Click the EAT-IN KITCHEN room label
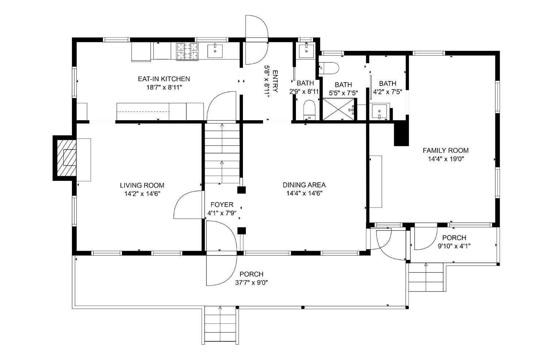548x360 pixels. pyautogui.click(x=164, y=79)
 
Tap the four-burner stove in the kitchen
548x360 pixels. pyautogui.click(x=187, y=51)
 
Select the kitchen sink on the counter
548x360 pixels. pyautogui.click(x=215, y=51)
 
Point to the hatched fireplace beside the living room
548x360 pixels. pyautogui.click(x=65, y=158)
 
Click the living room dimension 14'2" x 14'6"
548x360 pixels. pyautogui.click(x=142, y=194)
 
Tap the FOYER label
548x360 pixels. pyautogui.click(x=222, y=205)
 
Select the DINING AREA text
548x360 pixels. pyautogui.click(x=304, y=185)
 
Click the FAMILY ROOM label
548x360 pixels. pyautogui.click(x=445, y=150)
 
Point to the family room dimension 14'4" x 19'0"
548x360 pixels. pyautogui.click(x=445, y=159)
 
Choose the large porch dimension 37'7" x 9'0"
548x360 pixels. pyautogui.click(x=251, y=283)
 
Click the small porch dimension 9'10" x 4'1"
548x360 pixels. pyautogui.click(x=454, y=246)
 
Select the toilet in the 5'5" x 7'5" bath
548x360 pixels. pyautogui.click(x=329, y=68)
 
